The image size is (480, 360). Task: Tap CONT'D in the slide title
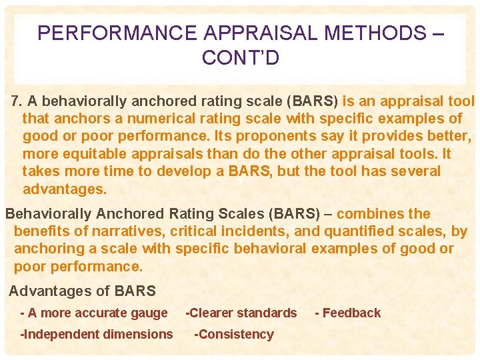point(240,58)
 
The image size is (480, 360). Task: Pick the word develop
point(197,171)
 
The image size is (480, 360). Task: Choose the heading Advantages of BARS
point(82,291)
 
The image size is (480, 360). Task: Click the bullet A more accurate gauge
point(95,313)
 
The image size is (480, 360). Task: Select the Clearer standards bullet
point(241,313)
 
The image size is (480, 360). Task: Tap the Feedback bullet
point(347,313)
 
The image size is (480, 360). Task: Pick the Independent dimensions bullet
point(97,334)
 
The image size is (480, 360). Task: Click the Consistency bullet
point(234,334)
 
